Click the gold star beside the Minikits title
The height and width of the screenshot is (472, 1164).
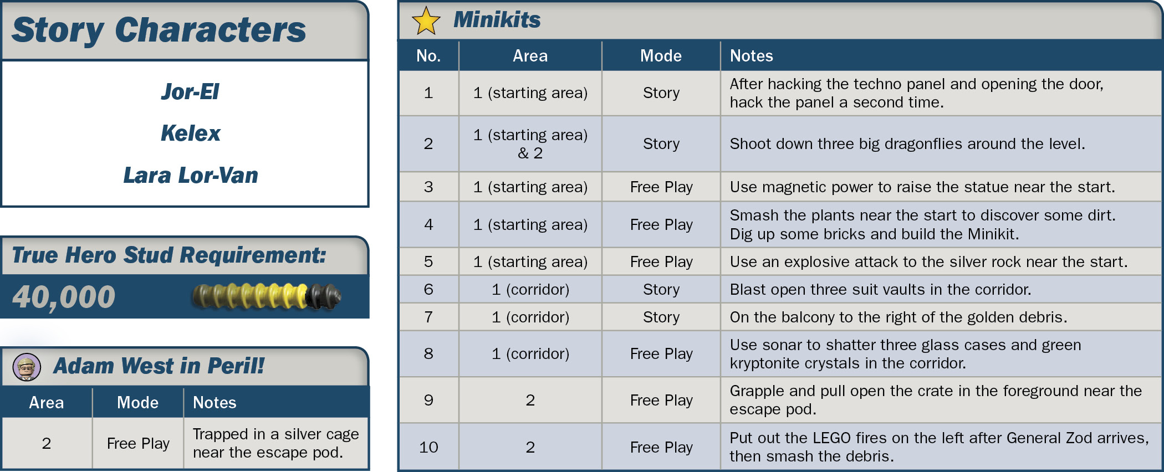[426, 20]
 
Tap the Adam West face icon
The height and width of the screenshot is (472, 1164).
[27, 367]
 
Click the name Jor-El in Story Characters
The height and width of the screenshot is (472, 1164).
[190, 92]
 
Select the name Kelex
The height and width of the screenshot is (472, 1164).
[190, 134]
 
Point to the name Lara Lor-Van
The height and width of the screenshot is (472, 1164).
[190, 176]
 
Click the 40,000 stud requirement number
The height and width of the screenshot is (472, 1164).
[64, 297]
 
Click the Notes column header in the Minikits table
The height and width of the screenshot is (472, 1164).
[751, 56]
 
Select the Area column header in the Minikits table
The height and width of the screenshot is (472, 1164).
[530, 56]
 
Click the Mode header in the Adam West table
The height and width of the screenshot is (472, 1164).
[137, 403]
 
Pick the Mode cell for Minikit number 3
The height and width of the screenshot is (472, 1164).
[661, 187]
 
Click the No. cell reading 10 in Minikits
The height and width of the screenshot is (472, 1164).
[428, 447]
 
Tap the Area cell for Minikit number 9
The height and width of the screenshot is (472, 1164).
[530, 400]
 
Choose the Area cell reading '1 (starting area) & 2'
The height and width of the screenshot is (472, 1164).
[530, 144]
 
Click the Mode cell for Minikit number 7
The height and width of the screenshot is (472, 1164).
[661, 317]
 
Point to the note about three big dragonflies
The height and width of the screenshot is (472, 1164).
[907, 144]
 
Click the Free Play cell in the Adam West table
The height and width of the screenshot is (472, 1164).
[138, 444]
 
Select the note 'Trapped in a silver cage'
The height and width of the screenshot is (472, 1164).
[275, 434]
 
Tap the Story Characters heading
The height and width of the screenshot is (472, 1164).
[159, 30]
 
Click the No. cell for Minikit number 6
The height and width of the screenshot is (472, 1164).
[428, 290]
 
